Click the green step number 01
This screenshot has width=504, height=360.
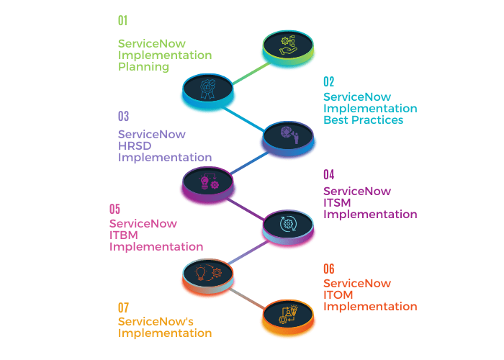click(123, 21)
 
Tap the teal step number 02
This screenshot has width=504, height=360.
click(328, 81)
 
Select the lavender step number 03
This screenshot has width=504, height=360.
click(123, 116)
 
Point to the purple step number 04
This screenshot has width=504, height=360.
click(329, 174)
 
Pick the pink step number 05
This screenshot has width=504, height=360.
click(114, 209)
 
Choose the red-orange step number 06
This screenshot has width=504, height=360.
click(329, 269)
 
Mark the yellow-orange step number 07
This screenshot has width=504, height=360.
click(123, 307)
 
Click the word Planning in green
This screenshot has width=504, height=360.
click(143, 67)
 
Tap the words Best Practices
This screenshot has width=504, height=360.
click(363, 120)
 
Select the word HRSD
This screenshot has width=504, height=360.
click(135, 146)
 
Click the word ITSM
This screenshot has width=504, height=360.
click(337, 203)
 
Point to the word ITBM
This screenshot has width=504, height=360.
click(123, 235)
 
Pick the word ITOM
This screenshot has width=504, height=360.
click(338, 294)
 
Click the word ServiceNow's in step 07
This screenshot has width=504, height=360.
click(156, 321)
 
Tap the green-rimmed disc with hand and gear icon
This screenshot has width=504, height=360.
click(288, 48)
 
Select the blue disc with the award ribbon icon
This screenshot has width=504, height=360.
click(208, 90)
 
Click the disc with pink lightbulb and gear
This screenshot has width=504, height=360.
click(208, 184)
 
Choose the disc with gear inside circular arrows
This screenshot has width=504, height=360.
click(288, 227)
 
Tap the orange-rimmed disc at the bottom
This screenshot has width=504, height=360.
click(288, 317)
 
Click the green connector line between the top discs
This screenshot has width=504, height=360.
click(251, 73)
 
